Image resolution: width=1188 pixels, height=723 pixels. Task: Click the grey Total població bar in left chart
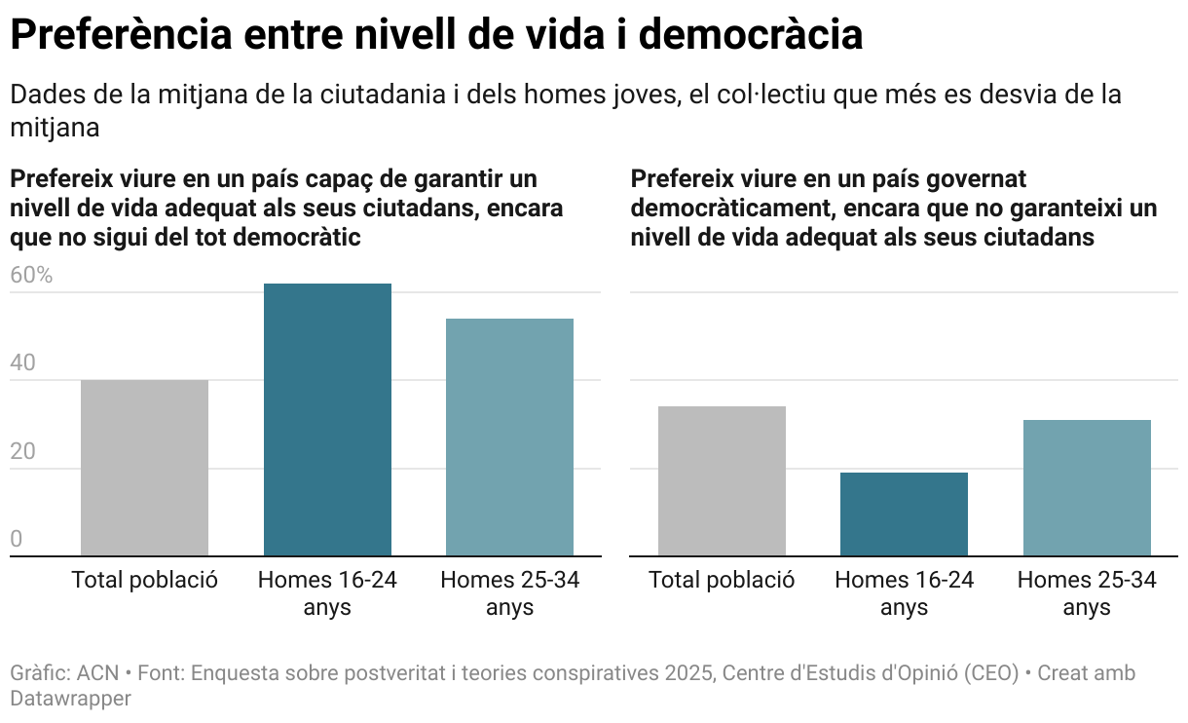(x=144, y=468)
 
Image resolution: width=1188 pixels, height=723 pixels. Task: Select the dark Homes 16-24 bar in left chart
(x=327, y=420)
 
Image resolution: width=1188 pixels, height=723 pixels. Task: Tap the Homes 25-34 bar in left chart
(x=509, y=438)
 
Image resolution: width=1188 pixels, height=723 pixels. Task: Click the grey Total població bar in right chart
(x=722, y=481)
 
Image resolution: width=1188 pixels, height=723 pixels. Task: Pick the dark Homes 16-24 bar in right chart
(x=904, y=514)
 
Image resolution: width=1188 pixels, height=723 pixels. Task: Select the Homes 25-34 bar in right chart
(x=1087, y=488)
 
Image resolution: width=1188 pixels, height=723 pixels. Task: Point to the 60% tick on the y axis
(x=31, y=276)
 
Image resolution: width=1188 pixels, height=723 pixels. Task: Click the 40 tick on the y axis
(x=22, y=363)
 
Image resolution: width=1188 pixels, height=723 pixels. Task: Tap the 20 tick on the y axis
(x=22, y=452)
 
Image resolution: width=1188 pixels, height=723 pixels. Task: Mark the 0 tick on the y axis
(x=16, y=540)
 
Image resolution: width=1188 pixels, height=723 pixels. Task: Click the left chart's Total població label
(x=144, y=581)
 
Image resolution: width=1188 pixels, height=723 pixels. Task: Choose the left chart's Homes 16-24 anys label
(x=327, y=593)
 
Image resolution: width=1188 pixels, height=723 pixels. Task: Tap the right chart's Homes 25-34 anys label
(x=1087, y=593)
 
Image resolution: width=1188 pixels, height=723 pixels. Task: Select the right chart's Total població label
(x=722, y=581)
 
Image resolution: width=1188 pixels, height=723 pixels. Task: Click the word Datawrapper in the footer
(x=70, y=699)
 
